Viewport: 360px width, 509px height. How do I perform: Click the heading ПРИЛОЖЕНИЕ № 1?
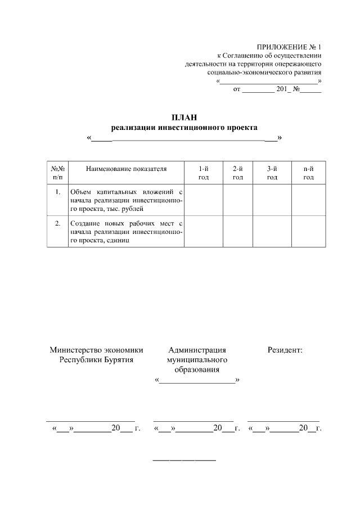(289, 46)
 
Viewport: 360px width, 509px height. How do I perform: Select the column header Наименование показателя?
(127, 169)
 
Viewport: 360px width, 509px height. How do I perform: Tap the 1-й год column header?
(204, 173)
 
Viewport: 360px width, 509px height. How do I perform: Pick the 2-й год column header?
(238, 173)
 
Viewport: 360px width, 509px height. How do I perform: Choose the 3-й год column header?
(272, 173)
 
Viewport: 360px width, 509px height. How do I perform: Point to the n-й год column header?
(308, 173)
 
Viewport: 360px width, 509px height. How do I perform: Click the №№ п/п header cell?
(58, 173)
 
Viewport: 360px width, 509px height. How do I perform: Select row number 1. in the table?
(58, 192)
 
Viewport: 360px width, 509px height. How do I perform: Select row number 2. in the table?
(58, 224)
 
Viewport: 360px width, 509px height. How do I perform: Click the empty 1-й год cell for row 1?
(204, 200)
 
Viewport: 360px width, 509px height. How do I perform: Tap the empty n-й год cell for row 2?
(308, 231)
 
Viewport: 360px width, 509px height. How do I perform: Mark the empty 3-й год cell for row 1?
(272, 200)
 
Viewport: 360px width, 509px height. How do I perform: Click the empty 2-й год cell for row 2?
(238, 231)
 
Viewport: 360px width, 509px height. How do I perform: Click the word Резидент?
(285, 350)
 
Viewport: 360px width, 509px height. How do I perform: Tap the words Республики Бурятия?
(97, 359)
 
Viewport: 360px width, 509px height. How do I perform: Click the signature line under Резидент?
(283, 421)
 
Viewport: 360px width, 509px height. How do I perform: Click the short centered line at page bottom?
(184, 461)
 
